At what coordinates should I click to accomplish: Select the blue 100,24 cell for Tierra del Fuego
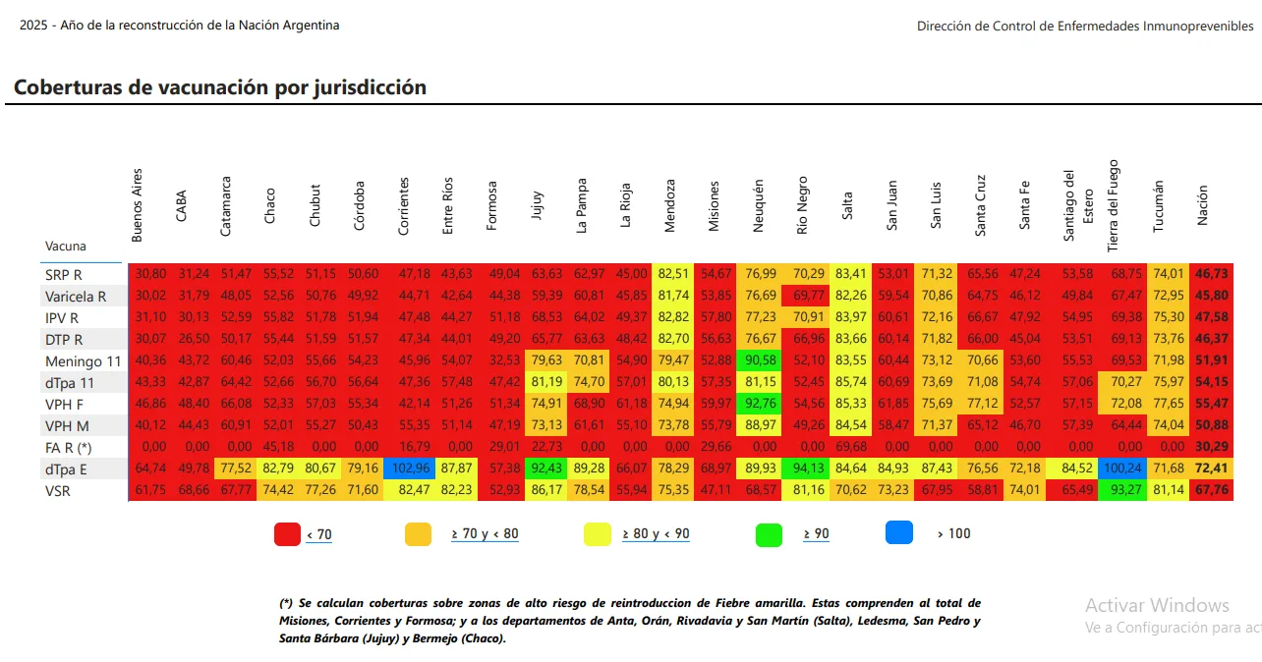[1123, 469]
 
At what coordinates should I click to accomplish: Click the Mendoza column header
[670, 206]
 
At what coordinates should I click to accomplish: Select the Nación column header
[1203, 206]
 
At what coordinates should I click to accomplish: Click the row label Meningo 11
[84, 361]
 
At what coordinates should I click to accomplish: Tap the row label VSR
[60, 491]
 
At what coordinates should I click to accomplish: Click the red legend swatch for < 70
[287, 534]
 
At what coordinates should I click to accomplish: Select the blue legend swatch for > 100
[899, 532]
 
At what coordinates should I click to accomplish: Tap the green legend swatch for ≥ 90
[769, 534]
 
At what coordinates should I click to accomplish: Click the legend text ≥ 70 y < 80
[485, 534]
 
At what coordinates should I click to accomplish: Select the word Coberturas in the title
[70, 87]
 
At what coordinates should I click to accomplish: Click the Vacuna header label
[66, 247]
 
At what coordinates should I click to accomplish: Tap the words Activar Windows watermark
[1157, 605]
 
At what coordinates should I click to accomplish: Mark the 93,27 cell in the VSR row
[1123, 490]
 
